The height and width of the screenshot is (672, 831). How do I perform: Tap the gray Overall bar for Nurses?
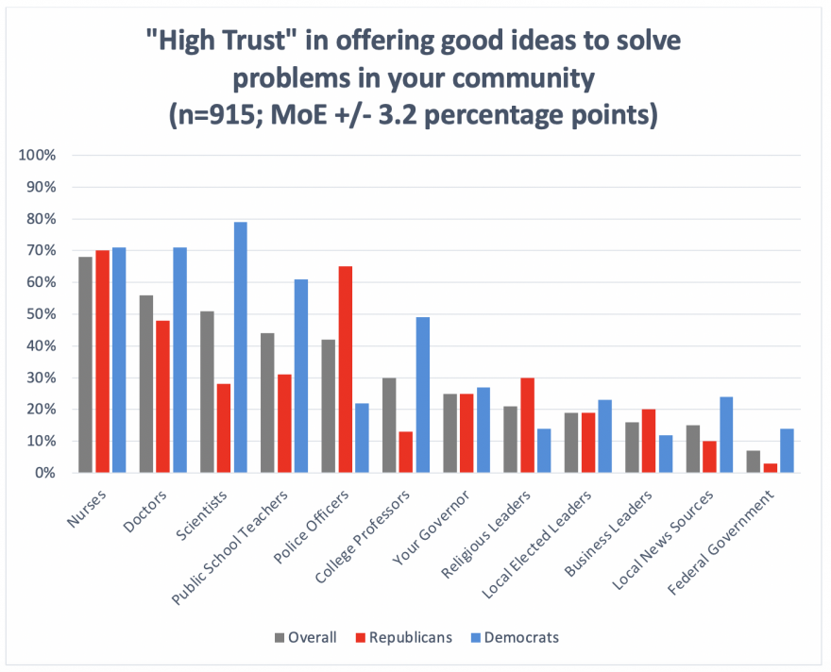86,364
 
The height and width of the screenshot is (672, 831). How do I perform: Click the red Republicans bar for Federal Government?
772,468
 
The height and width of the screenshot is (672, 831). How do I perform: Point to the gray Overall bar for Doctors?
146,383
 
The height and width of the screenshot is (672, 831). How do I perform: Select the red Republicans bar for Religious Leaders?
529,425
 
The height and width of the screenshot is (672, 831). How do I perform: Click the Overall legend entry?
307,637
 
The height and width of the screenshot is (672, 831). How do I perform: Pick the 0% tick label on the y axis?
44,473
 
